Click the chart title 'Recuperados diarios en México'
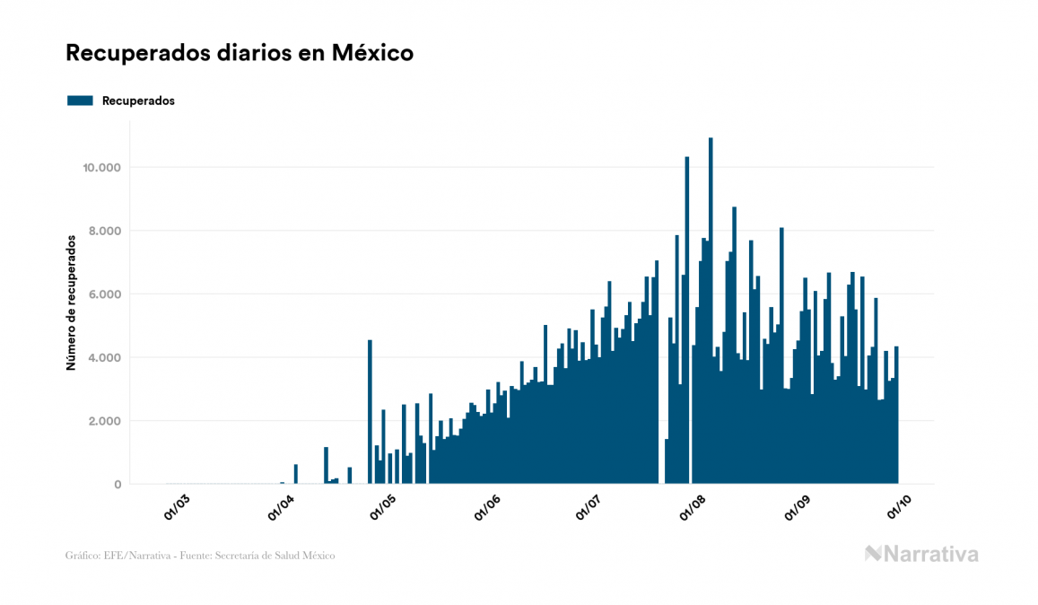pos(240,53)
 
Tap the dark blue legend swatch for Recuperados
pos(80,101)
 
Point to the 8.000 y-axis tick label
pos(103,231)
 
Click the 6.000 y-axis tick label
pos(103,294)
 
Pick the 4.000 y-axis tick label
pos(103,358)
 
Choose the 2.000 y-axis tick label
pos(103,421)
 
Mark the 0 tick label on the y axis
pos(117,485)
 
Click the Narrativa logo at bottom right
pos(921,554)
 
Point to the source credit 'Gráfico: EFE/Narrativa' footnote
pos(200,556)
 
